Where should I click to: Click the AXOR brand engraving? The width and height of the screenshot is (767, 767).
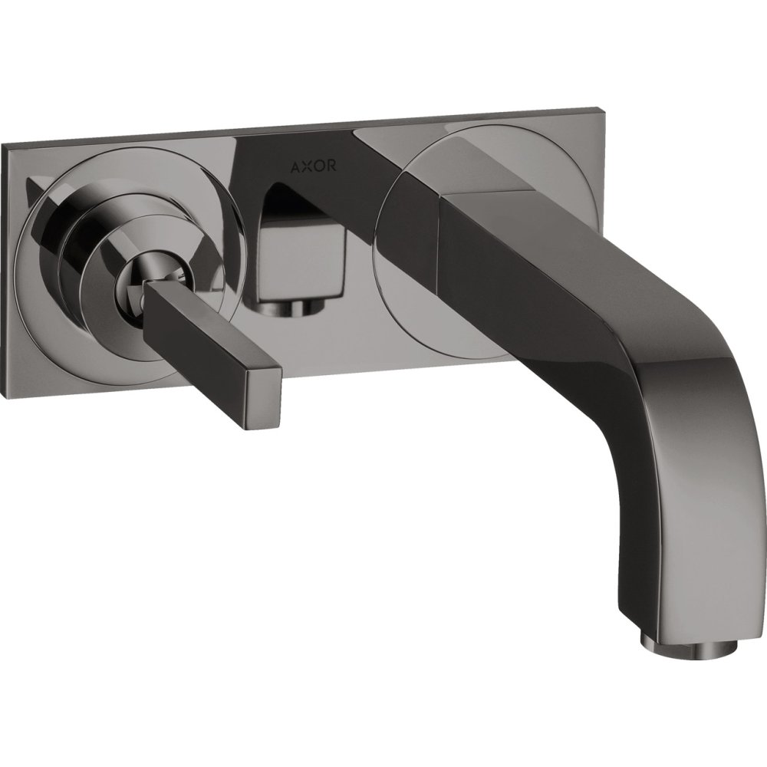tap(314, 166)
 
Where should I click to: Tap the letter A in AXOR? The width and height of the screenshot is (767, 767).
tap(296, 166)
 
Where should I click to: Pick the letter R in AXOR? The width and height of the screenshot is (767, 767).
tap(331, 166)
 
